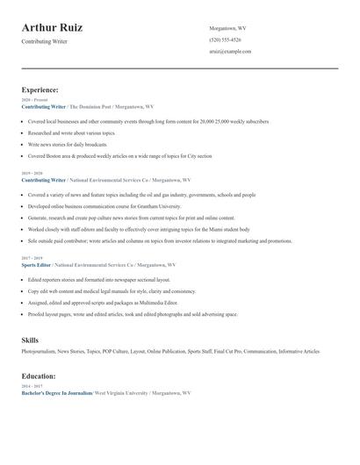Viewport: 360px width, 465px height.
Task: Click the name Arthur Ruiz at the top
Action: (53, 28)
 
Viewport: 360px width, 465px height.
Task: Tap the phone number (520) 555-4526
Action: (225, 39)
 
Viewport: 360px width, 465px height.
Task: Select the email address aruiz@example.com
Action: (230, 51)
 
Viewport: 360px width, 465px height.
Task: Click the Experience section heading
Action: (40, 89)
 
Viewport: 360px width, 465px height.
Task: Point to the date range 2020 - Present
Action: (35, 100)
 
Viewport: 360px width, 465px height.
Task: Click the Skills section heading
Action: (30, 339)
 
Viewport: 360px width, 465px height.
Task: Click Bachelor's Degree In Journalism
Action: (56, 393)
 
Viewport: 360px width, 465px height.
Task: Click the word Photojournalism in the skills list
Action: (39, 351)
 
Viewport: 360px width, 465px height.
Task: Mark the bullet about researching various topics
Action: (71, 132)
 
